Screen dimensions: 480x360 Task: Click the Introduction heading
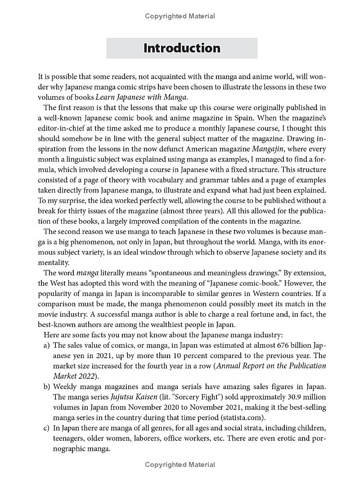[182, 48]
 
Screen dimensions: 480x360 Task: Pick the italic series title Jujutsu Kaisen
[130, 397]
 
